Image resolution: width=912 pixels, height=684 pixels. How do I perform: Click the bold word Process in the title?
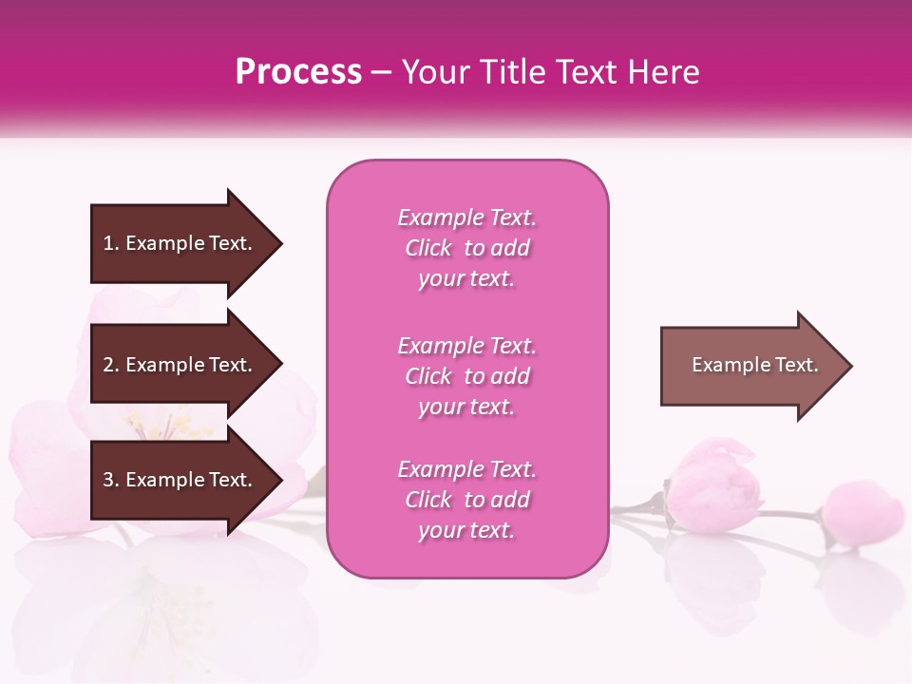tap(298, 72)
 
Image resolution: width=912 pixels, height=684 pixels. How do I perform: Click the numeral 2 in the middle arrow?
tap(108, 365)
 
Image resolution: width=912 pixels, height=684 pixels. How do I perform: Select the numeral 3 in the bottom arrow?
tap(108, 480)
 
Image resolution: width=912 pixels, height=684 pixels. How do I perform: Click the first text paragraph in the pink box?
tap(466, 248)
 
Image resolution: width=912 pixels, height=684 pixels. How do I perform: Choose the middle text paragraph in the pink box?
tap(466, 376)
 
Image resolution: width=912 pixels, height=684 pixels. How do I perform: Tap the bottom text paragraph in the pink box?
tap(466, 500)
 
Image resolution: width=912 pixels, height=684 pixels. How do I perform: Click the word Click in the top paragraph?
tap(427, 248)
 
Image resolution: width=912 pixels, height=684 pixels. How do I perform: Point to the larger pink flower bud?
tap(713, 485)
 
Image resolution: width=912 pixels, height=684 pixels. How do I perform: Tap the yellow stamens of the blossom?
tap(171, 427)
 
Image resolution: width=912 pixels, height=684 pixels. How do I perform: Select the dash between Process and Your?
tap(381, 72)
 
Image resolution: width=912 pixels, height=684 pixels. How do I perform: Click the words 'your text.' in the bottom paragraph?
tap(466, 530)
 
